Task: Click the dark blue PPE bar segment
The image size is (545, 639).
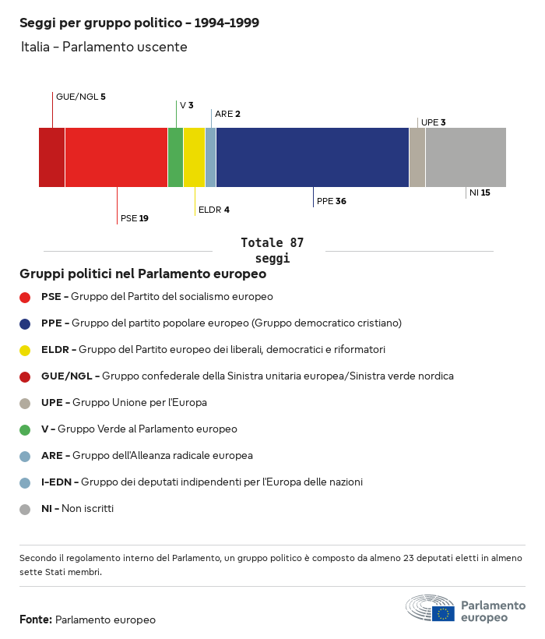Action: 312,157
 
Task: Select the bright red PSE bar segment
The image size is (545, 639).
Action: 116,157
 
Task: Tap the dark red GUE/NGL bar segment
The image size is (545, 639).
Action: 52,157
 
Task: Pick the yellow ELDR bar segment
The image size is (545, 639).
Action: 194,157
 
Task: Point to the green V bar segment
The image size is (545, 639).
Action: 175,157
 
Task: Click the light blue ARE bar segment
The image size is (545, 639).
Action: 210,157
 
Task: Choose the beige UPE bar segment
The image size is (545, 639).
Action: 417,157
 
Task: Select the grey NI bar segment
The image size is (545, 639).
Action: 466,157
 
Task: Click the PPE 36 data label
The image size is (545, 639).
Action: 331,201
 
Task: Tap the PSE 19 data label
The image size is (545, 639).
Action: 134,218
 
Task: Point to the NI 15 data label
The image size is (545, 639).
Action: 480,192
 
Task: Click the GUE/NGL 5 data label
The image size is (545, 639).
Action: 80,97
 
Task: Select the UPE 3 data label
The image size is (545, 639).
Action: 433,122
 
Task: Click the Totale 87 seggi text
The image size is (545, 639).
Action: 272,250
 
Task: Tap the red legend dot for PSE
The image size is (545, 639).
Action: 25,297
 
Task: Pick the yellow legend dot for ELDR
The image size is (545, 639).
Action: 25,350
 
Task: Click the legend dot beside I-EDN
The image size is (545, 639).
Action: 25,482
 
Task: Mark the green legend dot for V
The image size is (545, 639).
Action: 25,429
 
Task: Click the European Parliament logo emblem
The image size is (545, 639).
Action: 430,608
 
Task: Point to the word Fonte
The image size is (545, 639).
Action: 35,620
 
